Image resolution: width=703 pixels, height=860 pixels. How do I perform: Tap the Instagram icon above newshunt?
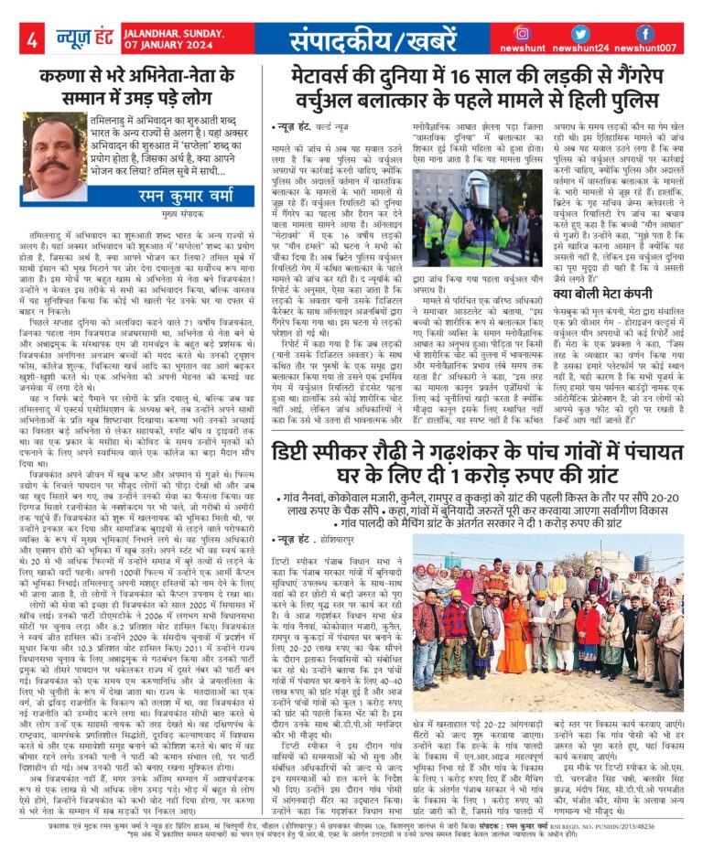(x=523, y=34)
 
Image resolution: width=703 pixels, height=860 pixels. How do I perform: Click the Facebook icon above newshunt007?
(x=644, y=34)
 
